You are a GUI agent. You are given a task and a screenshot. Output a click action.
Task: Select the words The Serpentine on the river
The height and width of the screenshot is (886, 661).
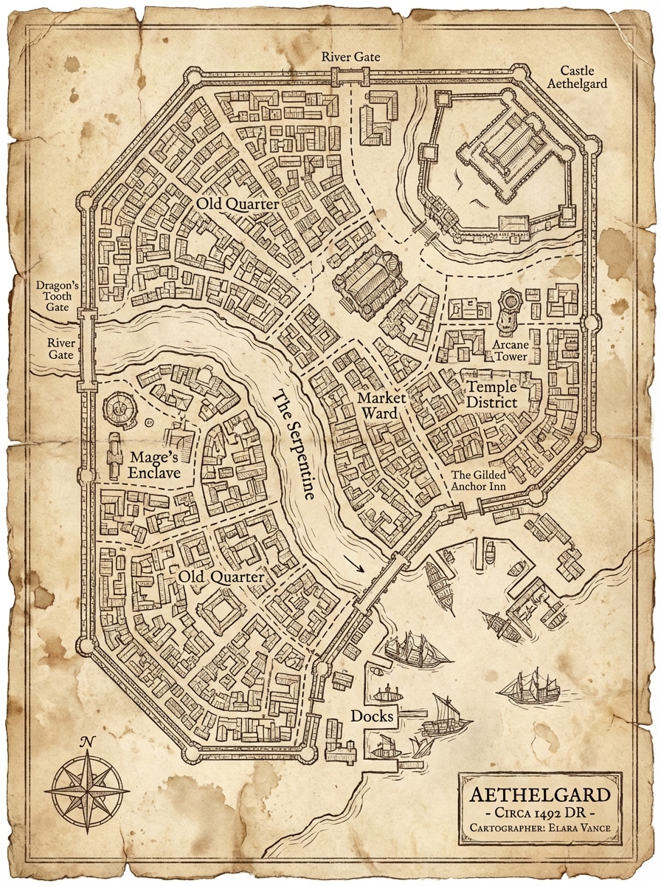tap(294, 446)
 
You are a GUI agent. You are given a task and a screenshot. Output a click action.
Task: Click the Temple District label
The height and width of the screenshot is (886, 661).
tap(491, 395)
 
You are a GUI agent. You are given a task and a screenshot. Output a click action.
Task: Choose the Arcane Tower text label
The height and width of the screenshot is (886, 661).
tap(511, 350)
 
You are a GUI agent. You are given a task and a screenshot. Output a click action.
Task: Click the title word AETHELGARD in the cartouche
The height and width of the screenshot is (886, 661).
tap(540, 796)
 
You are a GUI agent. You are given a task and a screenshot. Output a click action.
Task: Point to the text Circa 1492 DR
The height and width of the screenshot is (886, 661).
tap(540, 813)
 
